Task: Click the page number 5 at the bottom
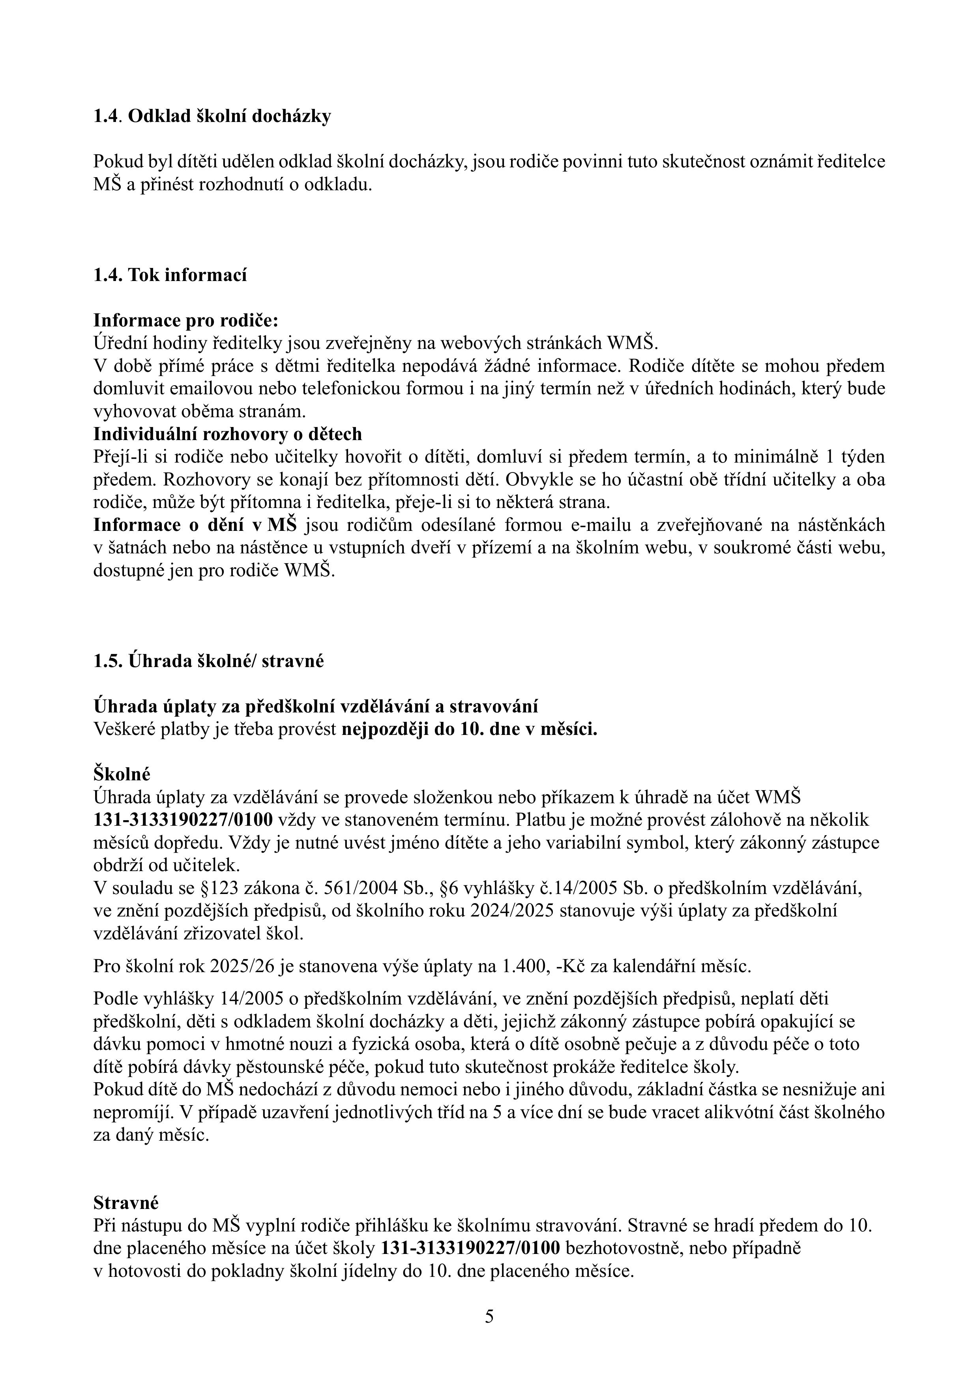[489, 1316]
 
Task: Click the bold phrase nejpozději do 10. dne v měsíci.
[469, 729]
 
